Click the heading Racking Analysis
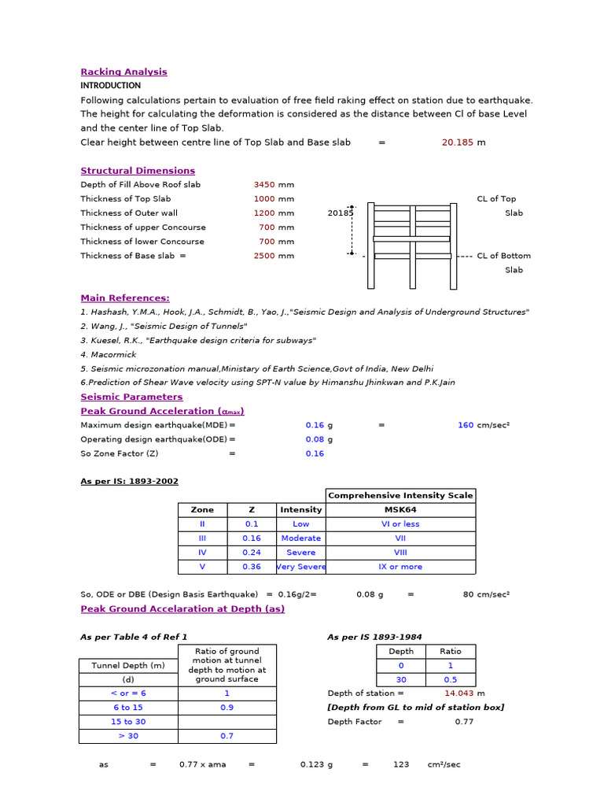[x=123, y=72]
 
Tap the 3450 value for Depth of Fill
[x=264, y=185]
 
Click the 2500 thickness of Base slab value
[x=264, y=256]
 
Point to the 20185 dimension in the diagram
[x=340, y=213]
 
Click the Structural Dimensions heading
[x=138, y=171]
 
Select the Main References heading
[x=125, y=298]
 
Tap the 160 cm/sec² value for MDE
[x=466, y=425]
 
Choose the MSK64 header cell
[x=400, y=510]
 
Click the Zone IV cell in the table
[x=202, y=553]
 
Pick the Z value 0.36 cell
[x=252, y=567]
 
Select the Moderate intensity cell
[x=300, y=538]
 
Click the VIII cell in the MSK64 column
[x=400, y=553]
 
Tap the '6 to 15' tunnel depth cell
[x=128, y=708]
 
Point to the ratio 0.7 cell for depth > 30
[x=227, y=736]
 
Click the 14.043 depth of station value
[x=459, y=693]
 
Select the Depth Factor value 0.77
[x=464, y=722]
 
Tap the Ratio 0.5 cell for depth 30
[x=451, y=679]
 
